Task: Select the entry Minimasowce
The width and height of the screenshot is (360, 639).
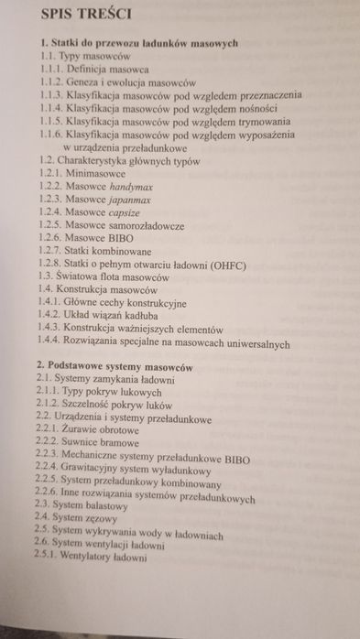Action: coord(96,170)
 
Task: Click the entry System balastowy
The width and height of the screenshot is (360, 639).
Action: coord(96,504)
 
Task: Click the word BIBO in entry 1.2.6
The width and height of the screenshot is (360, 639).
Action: coord(115,237)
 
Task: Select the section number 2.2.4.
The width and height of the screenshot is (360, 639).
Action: coord(48,468)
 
